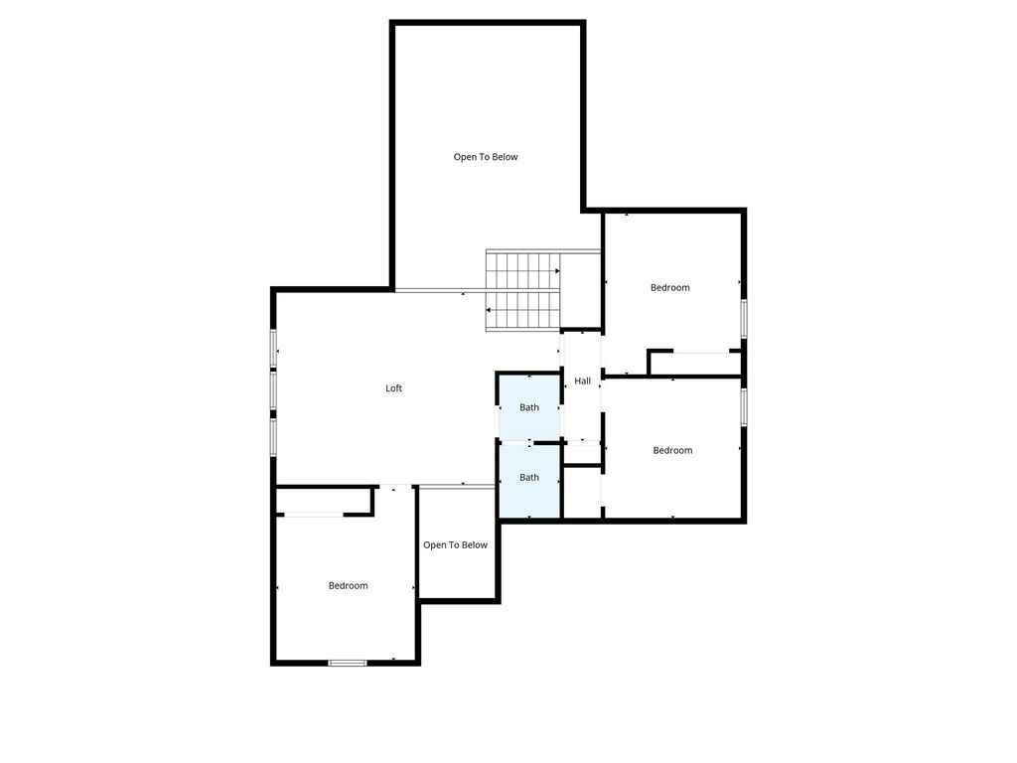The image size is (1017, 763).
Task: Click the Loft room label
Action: (393, 388)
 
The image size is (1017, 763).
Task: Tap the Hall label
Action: (582, 381)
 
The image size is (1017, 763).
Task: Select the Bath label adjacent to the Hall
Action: (529, 407)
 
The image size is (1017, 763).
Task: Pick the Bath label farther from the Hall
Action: (529, 478)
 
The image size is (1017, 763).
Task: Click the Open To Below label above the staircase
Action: (486, 156)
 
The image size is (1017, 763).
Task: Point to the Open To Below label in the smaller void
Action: (455, 545)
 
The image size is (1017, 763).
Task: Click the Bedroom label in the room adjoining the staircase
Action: (670, 287)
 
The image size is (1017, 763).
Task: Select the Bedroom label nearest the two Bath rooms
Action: (672, 450)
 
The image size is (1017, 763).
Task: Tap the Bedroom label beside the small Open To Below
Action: (349, 586)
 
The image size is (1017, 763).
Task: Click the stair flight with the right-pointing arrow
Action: (522, 270)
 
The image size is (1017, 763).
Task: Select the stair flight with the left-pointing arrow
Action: (522, 311)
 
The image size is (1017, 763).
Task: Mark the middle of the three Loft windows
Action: (274, 389)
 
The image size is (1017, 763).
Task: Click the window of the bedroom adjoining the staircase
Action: (744, 318)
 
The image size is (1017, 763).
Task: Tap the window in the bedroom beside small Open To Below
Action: (347, 663)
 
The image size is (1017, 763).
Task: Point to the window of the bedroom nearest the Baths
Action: (744, 406)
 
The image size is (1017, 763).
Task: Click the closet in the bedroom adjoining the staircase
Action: (694, 364)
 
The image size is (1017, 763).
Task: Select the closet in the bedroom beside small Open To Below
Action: (324, 501)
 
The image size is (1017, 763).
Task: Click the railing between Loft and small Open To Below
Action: (457, 486)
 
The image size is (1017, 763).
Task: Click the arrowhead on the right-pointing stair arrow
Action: (557, 270)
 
